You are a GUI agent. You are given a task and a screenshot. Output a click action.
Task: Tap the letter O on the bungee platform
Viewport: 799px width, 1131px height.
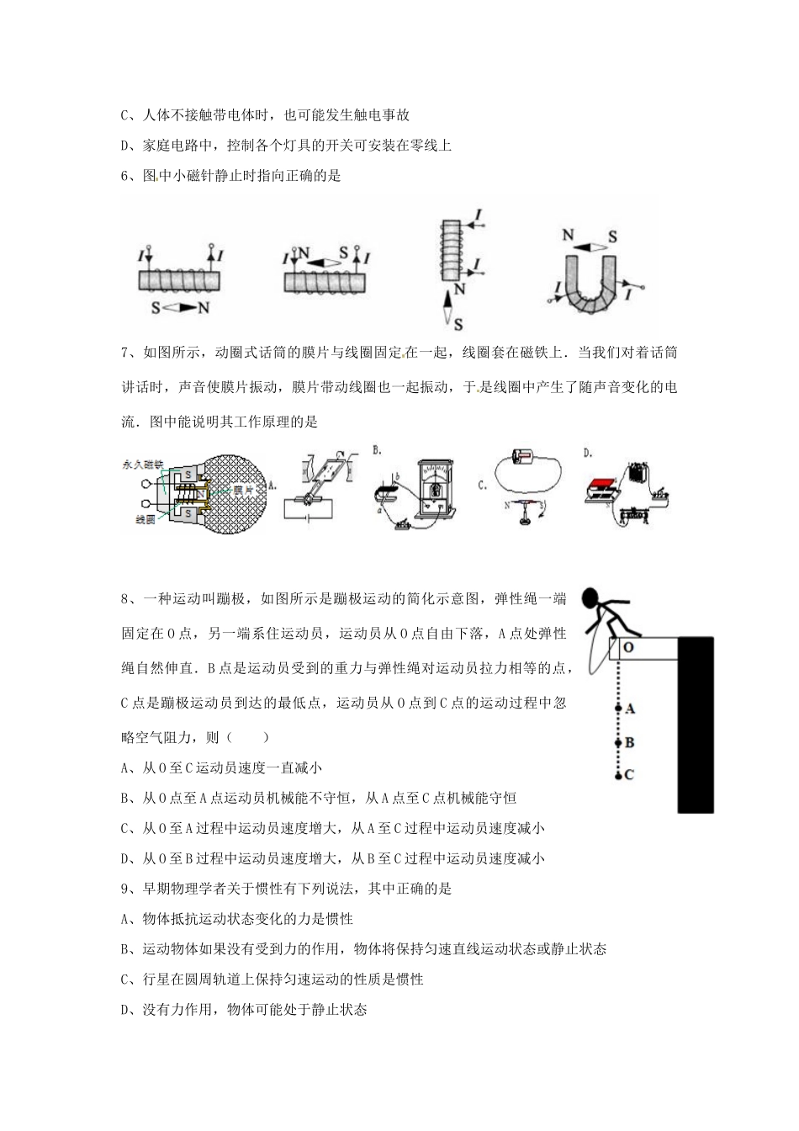point(628,648)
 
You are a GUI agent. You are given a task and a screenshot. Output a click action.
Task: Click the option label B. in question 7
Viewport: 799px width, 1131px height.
point(377,452)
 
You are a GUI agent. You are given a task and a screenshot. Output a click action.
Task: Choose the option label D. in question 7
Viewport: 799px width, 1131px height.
point(587,453)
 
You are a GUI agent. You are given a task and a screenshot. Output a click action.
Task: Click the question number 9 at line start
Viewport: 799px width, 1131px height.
point(125,889)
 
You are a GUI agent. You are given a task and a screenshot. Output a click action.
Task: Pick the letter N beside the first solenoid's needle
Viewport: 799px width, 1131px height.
point(204,309)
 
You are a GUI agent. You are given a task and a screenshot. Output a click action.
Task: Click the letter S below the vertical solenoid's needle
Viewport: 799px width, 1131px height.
point(458,323)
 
